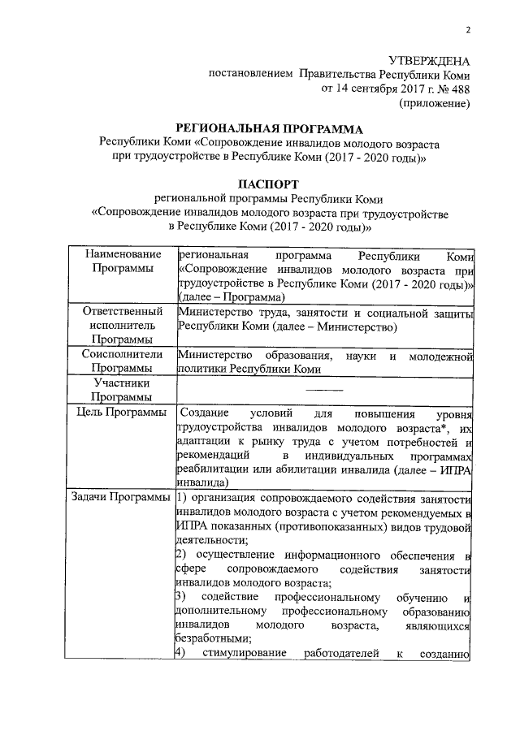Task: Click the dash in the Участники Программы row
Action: (x=323, y=391)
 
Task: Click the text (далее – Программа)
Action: (x=226, y=298)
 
